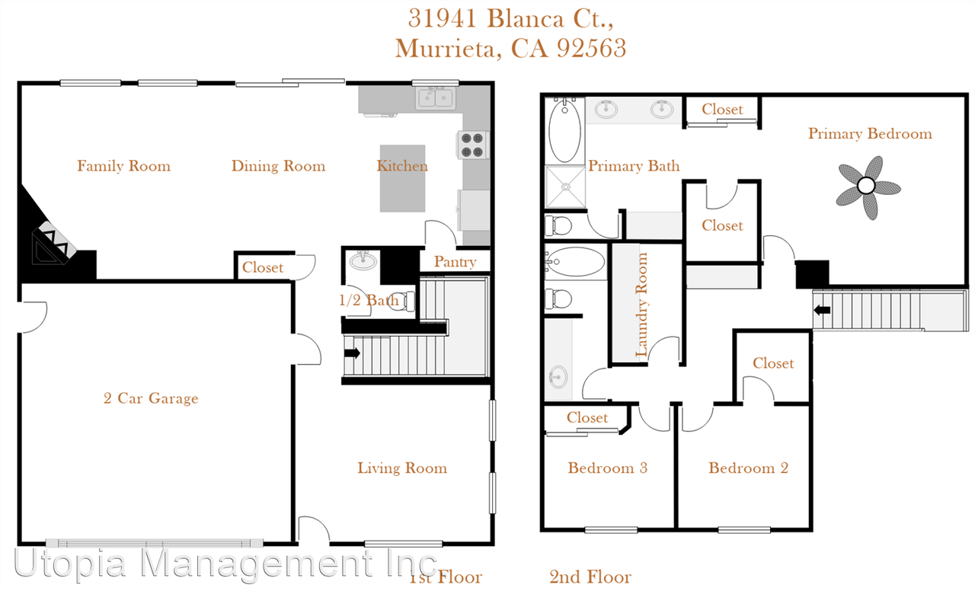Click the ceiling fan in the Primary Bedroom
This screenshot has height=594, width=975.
click(868, 185)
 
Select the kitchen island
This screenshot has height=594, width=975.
click(402, 179)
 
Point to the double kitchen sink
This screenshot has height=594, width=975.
click(436, 98)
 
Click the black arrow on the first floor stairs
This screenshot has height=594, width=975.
click(353, 353)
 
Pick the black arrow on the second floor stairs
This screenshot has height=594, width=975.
click(823, 310)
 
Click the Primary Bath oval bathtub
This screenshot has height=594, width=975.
click(564, 132)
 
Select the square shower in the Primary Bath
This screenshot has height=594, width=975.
click(564, 187)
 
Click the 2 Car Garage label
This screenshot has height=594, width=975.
click(151, 398)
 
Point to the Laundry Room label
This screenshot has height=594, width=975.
click(642, 305)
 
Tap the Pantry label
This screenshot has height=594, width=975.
click(455, 262)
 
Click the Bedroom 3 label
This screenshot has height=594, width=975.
click(607, 468)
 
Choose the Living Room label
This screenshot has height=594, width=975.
click(402, 468)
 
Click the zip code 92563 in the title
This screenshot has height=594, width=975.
click(591, 48)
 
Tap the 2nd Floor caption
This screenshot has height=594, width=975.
click(590, 577)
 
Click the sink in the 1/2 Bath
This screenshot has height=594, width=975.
click(363, 262)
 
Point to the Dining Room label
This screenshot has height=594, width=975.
click(278, 166)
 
